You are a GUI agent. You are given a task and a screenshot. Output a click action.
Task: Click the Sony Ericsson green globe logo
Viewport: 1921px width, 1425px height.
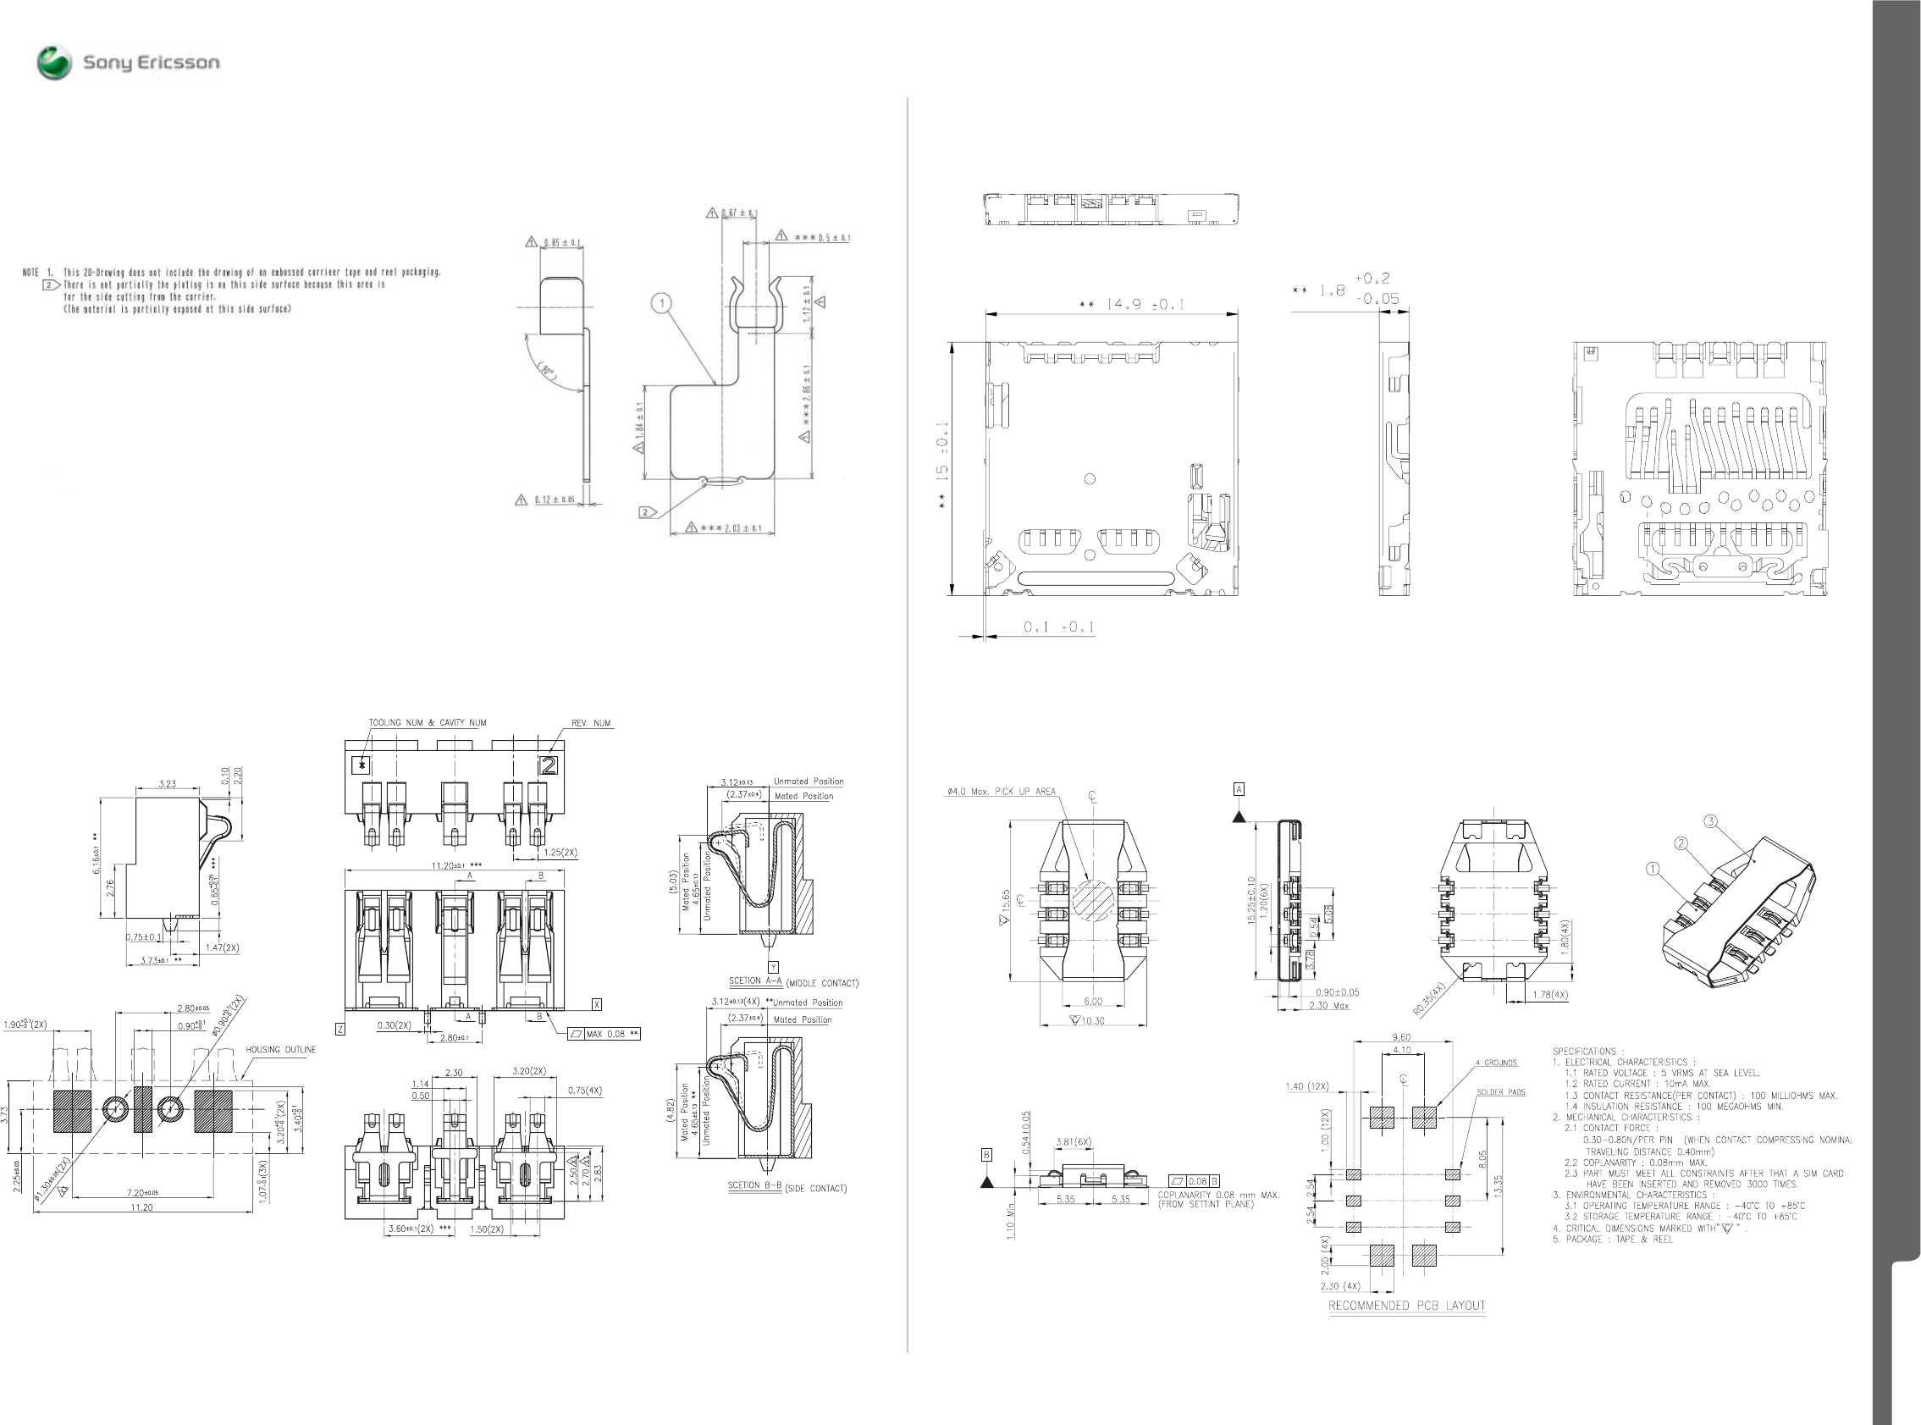(53, 63)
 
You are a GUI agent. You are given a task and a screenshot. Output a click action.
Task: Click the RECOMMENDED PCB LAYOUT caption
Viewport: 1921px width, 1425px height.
(1406, 1305)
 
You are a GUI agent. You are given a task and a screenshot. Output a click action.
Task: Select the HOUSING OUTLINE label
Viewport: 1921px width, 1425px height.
(280, 1050)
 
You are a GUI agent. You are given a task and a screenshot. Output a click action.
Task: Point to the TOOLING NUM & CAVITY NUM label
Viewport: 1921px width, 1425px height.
(427, 723)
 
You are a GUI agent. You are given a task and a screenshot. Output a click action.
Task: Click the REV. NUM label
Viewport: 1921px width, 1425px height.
(591, 723)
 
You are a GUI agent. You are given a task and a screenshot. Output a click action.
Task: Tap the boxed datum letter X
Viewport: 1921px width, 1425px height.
(596, 1004)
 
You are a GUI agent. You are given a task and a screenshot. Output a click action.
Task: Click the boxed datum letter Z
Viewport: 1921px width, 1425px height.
(339, 1029)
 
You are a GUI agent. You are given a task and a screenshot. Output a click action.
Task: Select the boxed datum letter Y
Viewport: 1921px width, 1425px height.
(774, 967)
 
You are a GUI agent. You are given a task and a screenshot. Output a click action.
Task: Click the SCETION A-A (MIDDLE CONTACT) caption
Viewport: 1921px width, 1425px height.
(792, 981)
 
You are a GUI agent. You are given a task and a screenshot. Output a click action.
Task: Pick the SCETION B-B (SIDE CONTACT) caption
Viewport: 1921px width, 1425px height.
(787, 1187)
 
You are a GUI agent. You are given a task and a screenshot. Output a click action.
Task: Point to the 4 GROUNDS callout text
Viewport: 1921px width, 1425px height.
(1496, 1063)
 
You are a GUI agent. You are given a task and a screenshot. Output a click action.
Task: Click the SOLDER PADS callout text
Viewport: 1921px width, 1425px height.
(1501, 1092)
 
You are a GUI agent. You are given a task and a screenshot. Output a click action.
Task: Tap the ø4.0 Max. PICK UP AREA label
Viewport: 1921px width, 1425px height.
(1001, 791)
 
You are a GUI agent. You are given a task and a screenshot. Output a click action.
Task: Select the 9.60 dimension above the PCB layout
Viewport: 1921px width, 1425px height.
(1401, 1038)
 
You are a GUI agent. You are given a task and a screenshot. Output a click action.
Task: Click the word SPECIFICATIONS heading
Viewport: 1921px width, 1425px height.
(1584, 1052)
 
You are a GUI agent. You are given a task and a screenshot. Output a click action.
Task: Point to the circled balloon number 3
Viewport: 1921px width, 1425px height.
(1710, 820)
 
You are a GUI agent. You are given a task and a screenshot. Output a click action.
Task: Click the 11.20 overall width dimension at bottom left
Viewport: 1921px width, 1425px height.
(141, 1207)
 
